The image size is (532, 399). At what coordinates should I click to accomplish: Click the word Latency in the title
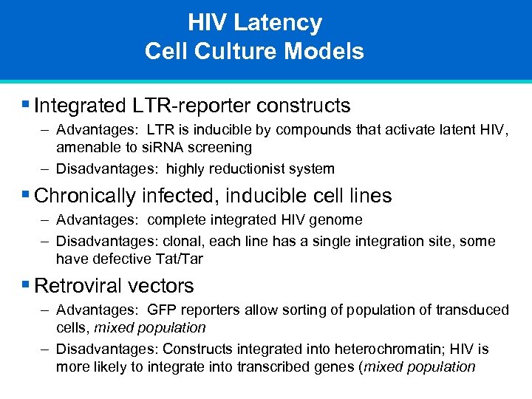coord(278,23)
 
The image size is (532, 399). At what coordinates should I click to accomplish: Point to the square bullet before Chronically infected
coord(27,195)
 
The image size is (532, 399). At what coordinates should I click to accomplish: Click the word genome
coord(338,219)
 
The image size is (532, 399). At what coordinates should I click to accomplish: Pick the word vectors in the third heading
coord(165,286)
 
